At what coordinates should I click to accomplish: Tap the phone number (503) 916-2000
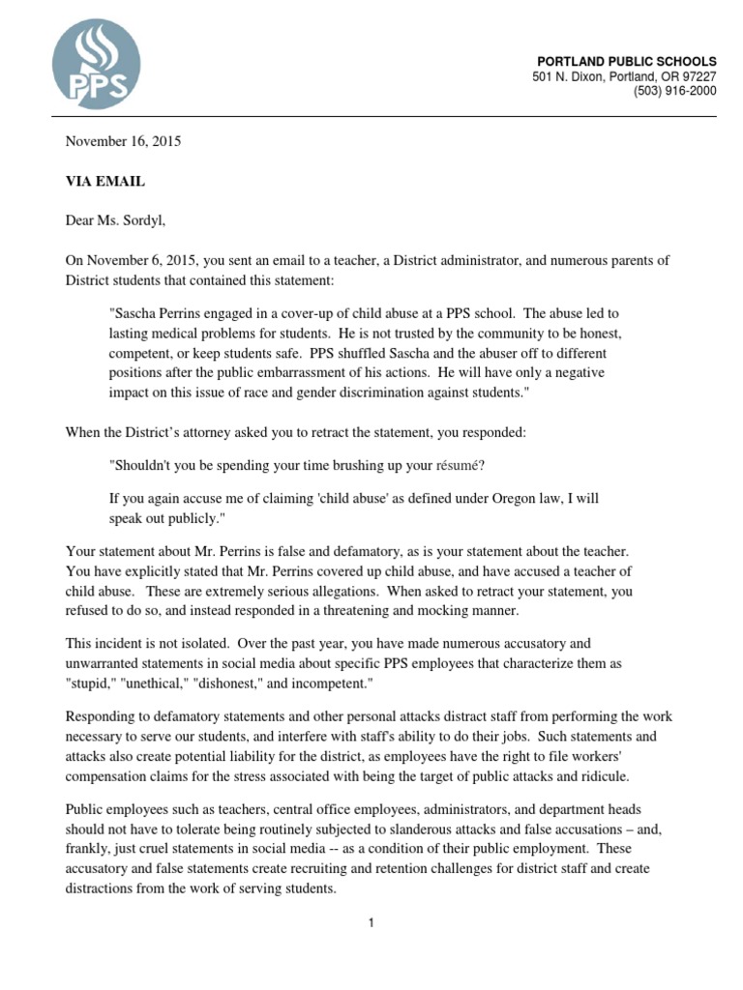point(675,91)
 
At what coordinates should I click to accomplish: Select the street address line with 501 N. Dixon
point(624,76)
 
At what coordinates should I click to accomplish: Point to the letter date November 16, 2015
point(123,141)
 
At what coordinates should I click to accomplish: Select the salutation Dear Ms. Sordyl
point(115,220)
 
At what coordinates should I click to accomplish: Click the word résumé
point(460,465)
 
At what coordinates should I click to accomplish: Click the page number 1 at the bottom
point(371,923)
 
